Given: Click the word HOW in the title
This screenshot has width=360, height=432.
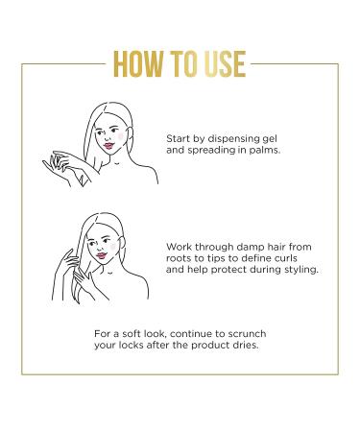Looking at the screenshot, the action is [138, 64].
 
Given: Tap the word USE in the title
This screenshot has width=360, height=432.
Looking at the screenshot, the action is [226, 64].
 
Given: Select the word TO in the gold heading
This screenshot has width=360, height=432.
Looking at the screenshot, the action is [183, 64].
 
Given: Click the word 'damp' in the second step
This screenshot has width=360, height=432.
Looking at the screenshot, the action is [251, 247].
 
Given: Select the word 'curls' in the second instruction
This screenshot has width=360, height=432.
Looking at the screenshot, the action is [284, 257].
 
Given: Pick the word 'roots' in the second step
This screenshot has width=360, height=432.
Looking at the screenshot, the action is [179, 258].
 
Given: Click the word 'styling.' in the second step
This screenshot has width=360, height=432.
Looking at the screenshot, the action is [301, 270].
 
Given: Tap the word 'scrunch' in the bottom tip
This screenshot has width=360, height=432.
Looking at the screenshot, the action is [247, 334].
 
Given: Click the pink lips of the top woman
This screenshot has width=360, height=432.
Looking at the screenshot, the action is [108, 146].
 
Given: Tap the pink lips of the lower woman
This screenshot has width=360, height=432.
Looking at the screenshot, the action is [102, 255].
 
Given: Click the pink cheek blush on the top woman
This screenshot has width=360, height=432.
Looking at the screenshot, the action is [120, 136].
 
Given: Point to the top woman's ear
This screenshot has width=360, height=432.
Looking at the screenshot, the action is [130, 134].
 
